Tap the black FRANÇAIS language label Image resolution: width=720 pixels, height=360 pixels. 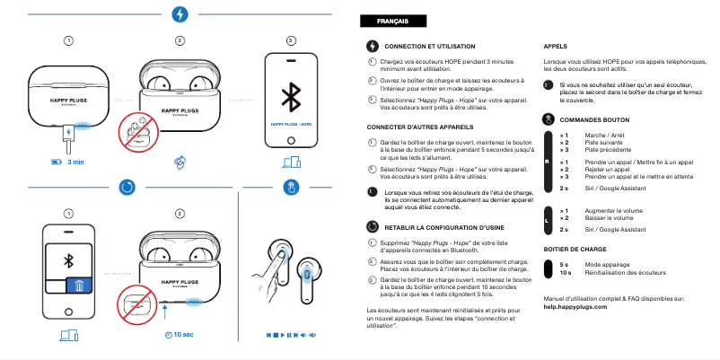(x=391, y=21)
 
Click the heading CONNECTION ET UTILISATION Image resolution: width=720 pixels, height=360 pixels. (x=429, y=46)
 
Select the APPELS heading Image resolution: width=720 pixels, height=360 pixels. (x=557, y=46)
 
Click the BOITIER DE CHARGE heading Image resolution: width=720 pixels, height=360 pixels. (x=575, y=248)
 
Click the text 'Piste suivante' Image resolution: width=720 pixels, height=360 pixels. (x=604, y=142)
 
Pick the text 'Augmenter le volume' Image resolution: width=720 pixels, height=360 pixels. (x=616, y=210)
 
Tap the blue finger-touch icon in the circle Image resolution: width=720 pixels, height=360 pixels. (x=290, y=188)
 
